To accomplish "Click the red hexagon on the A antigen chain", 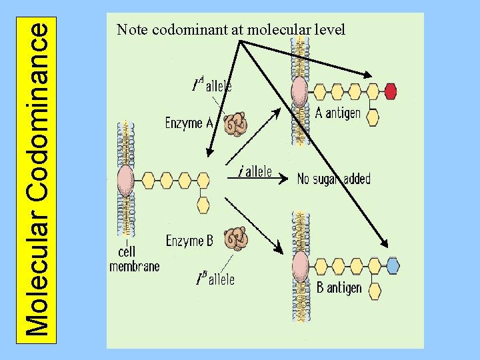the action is pos(391,91).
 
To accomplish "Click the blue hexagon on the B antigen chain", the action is pos(393,265).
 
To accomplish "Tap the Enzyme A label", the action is pos(189,123).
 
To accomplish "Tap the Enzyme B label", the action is pos(189,240).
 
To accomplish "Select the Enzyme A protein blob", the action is pos(235,124).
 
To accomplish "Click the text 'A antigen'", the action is pos(338,113).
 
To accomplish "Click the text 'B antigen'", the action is pos(339,288).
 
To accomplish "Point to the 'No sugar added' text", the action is pos(333,179).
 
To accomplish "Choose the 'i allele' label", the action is pos(255,172).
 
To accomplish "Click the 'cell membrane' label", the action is pos(134,259).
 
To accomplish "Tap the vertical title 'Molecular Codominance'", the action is pos(39,179).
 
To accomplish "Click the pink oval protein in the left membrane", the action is pos(125,180).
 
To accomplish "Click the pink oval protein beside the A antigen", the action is pos(299,91).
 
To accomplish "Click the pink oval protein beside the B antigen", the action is pos(299,265).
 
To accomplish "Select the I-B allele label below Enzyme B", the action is pos(215,279).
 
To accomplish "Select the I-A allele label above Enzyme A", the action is pos(212,85).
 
